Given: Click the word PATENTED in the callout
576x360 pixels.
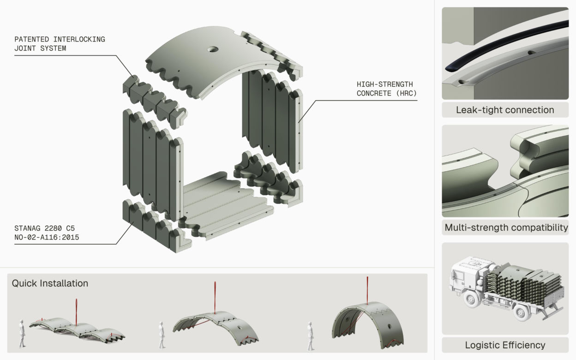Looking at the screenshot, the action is click(32, 39).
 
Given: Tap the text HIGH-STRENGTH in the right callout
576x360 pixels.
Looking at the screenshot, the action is click(384, 84).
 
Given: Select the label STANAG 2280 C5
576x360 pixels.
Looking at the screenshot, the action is click(44, 228).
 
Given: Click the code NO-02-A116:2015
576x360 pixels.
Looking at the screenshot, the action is click(47, 237).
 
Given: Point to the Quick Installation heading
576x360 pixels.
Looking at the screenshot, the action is click(50, 283).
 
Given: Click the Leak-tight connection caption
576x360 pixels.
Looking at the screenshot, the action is click(505, 110).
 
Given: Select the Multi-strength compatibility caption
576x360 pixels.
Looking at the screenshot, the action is click(506, 228).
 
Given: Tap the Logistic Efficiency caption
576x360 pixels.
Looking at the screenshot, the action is click(505, 345).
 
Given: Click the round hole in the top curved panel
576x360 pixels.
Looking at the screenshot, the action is click(213, 49).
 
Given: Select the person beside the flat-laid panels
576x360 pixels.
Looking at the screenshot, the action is click(22, 334).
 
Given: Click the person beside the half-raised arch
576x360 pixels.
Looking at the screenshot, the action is click(162, 335).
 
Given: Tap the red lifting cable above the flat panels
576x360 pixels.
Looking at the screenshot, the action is click(76, 312).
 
